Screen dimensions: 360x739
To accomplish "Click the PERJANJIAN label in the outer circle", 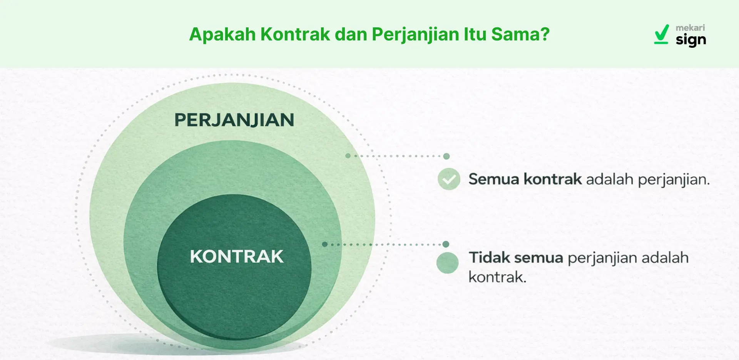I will (x=234, y=120).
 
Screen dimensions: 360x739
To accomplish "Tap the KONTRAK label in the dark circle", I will (x=237, y=256).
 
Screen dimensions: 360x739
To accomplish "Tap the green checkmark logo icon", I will (x=662, y=34).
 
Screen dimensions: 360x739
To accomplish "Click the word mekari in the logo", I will (x=690, y=28).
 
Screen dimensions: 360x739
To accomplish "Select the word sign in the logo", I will (x=691, y=40).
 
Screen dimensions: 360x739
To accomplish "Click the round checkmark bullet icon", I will (x=449, y=179).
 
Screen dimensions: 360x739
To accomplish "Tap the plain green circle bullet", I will (x=447, y=263).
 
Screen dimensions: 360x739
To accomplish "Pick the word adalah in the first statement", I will (x=610, y=179).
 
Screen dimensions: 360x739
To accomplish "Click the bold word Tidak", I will (x=489, y=258).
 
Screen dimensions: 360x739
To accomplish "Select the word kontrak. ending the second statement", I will (x=497, y=277).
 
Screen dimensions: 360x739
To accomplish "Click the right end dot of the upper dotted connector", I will (x=446, y=156).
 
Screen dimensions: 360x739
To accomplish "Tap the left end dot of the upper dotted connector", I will (x=348, y=156).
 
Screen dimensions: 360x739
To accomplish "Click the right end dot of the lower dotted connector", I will (x=446, y=244).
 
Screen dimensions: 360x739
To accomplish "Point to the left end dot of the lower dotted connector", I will (x=325, y=244).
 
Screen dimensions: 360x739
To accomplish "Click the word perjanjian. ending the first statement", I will (x=674, y=180).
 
